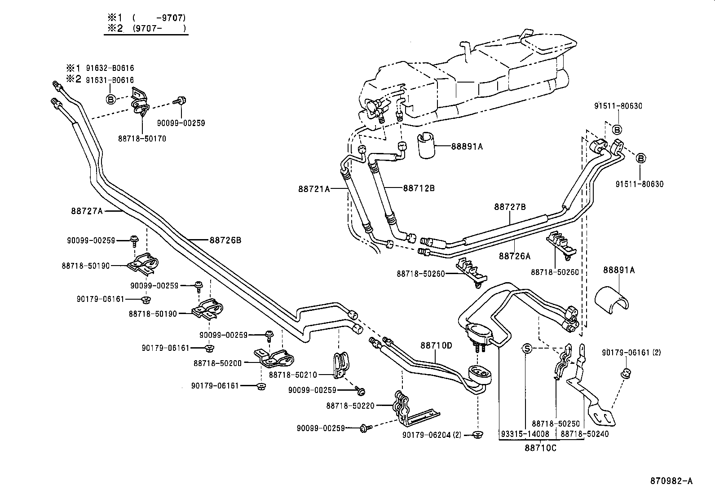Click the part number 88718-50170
142,139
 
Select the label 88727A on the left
86,210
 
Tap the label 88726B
225,240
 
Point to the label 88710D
436,345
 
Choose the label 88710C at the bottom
540,448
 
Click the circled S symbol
527,349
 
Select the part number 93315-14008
525,434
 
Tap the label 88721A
313,189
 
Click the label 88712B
419,188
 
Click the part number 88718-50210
293,375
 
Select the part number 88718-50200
217,363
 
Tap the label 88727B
510,207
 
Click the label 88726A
514,256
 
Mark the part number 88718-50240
585,434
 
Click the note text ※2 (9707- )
146,29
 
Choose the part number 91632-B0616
110,68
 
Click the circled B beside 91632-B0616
110,99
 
